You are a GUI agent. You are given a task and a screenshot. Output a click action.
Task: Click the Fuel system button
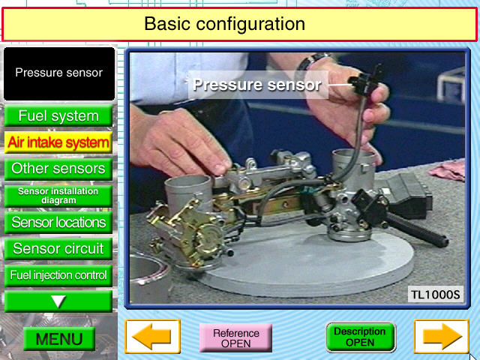tap(58, 115)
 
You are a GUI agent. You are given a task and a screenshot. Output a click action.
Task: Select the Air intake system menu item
tap(58, 142)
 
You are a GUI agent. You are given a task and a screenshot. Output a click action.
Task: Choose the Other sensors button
tap(58, 169)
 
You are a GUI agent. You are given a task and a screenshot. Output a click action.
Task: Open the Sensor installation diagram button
tap(58, 196)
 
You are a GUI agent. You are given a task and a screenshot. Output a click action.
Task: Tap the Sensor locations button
tap(58, 223)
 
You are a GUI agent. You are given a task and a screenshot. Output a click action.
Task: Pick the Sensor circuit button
tap(58, 248)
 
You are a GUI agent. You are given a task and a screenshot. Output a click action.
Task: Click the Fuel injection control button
tap(58, 275)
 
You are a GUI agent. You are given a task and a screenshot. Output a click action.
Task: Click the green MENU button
tap(59, 339)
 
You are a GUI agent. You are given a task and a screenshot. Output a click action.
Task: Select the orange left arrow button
tap(152, 337)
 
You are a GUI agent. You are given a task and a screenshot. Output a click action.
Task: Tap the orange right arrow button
tap(442, 337)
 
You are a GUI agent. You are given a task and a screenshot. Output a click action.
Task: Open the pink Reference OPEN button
tap(235, 338)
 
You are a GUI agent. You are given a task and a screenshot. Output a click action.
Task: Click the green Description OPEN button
tap(360, 337)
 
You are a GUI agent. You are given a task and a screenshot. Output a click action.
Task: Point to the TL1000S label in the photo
tap(435, 295)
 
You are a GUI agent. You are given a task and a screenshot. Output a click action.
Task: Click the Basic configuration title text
tap(224, 23)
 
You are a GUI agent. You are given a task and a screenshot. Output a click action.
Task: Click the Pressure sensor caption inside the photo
tap(257, 85)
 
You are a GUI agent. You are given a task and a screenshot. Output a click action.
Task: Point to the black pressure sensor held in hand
tap(365, 81)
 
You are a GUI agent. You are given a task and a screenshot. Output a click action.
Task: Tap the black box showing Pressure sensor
tap(59, 73)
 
